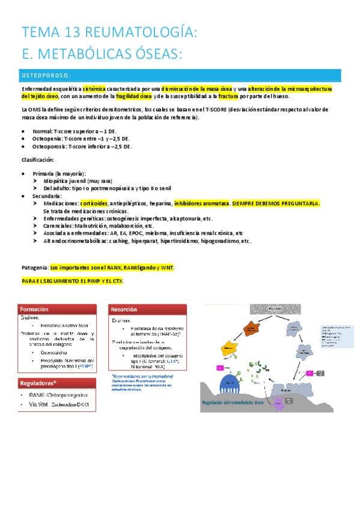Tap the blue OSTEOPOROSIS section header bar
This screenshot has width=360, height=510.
[x=180, y=75]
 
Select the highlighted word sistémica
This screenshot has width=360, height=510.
[x=97, y=89]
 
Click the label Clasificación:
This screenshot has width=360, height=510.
[x=37, y=159]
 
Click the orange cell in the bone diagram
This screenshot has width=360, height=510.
[x=251, y=329]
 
